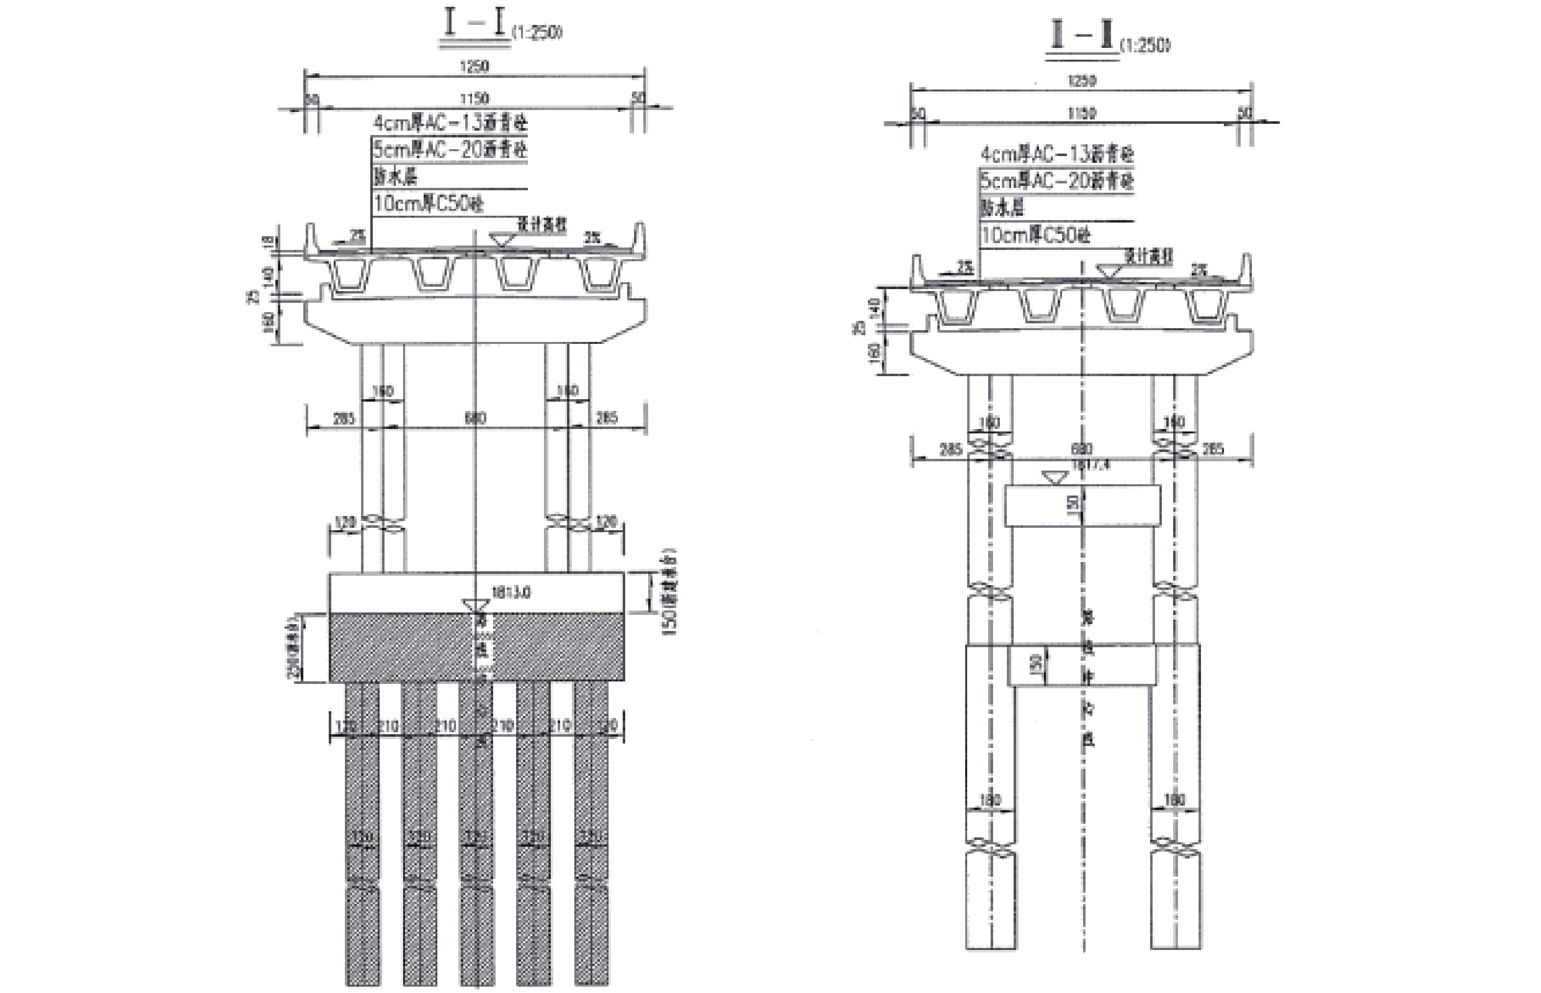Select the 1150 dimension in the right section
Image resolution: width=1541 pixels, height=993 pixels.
tap(1081, 113)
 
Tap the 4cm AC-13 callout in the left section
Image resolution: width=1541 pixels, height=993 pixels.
tap(450, 122)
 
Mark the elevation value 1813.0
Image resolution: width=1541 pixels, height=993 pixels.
tap(511, 592)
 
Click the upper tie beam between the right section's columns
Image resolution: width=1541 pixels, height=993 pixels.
tap(1082, 505)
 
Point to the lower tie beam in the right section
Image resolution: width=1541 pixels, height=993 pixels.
tap(1082, 664)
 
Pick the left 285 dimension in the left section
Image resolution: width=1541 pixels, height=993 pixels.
tap(343, 418)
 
